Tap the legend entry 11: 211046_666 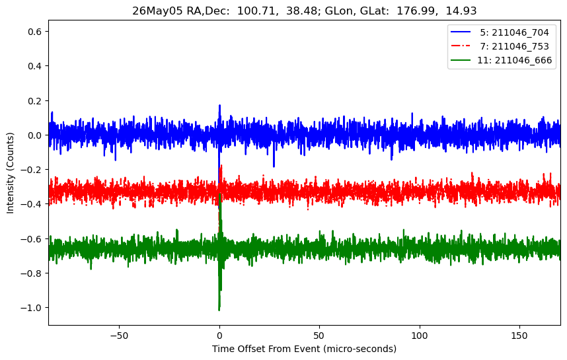501,60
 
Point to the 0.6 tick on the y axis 36,32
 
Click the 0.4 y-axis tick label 36,66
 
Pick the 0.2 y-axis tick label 36,101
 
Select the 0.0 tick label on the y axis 36,135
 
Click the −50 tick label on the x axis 119,336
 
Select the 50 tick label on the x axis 319,336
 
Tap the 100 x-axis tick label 420,336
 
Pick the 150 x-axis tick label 519,336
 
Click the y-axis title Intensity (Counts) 10,173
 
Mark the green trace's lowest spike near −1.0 219,310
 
